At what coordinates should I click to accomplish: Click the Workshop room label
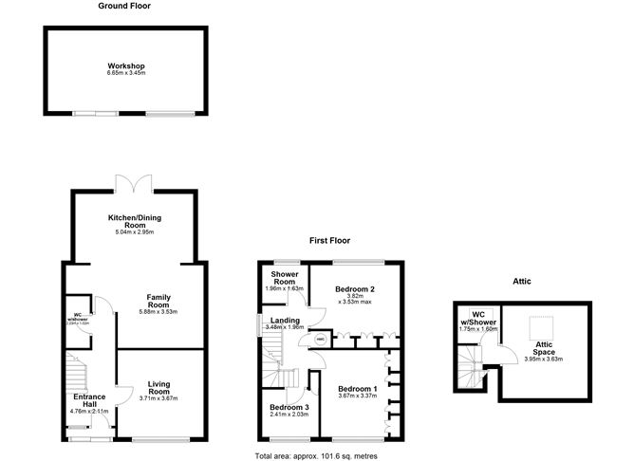pos(125,65)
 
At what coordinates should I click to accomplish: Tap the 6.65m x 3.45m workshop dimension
pos(125,73)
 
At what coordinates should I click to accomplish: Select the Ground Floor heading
pos(124,7)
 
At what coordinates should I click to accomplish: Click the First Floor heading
pos(331,241)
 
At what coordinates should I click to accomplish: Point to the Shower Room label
pos(286,279)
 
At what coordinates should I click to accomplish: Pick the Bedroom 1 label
pos(358,388)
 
